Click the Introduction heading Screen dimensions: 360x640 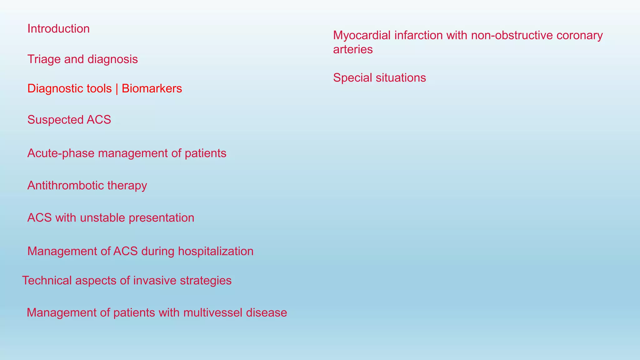(x=58, y=29)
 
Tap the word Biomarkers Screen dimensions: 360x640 (x=152, y=89)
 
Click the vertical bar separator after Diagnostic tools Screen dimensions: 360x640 (x=117, y=89)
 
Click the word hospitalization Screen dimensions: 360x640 (x=216, y=251)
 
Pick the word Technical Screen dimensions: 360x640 (x=47, y=281)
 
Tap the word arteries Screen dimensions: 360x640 (x=353, y=49)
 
